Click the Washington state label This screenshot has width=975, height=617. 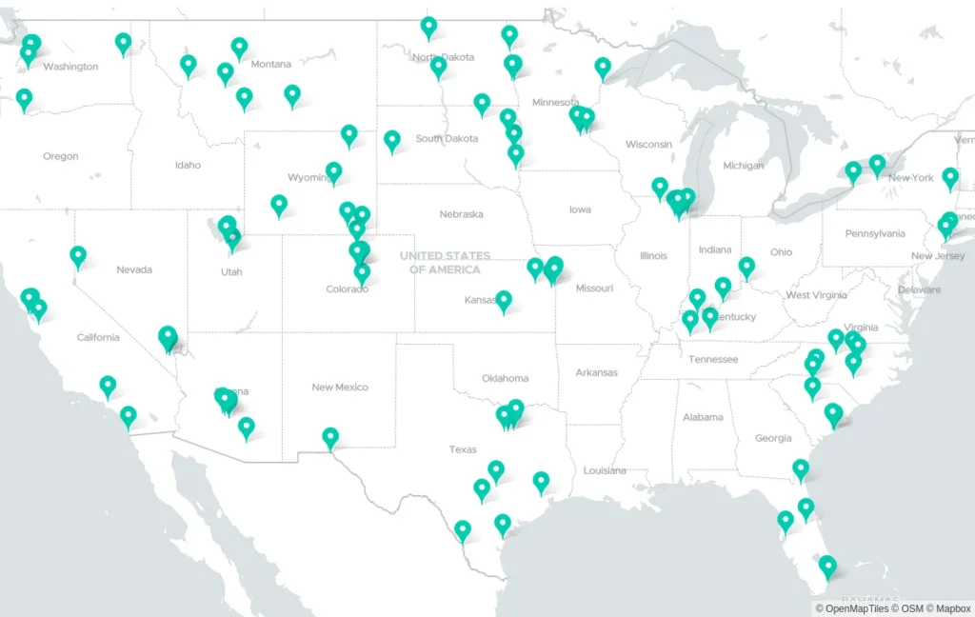click(70, 67)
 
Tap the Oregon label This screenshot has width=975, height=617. click(60, 156)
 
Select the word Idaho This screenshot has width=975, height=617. click(188, 165)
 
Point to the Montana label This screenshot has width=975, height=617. click(270, 64)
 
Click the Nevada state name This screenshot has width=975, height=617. click(134, 269)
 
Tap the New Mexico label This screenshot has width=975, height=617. click(340, 388)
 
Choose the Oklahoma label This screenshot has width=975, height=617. click(505, 378)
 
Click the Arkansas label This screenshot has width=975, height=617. click(596, 372)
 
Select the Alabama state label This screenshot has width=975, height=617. click(703, 417)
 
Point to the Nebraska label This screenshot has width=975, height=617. click(461, 214)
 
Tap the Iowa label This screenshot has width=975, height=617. click(580, 209)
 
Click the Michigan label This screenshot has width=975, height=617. click(743, 166)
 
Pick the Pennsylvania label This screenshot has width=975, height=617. click(875, 233)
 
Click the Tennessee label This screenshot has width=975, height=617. click(713, 359)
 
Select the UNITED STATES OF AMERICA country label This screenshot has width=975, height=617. click(445, 263)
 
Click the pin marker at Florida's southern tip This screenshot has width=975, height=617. click(827, 567)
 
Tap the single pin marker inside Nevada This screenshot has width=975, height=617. click(78, 255)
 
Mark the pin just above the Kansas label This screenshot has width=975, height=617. click(504, 301)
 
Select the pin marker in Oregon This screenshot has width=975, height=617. click(24, 98)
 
